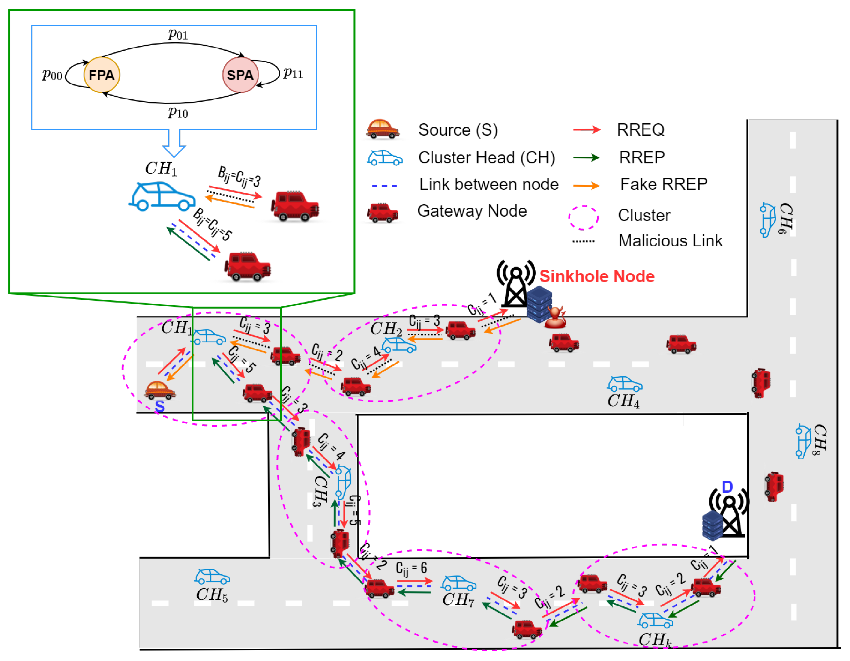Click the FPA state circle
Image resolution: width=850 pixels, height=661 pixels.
tap(102, 75)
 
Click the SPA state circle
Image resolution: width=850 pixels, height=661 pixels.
tap(240, 75)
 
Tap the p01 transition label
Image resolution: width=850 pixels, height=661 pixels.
tap(178, 34)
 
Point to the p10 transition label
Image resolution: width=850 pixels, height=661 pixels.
tap(178, 113)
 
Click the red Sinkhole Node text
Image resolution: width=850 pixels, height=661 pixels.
tap(597, 276)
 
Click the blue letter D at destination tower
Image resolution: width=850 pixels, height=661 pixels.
tap(727, 487)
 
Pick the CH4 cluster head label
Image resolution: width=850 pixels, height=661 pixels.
tap(623, 401)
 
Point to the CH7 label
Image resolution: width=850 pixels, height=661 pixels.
tap(458, 599)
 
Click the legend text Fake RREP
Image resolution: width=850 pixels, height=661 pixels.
tap(664, 184)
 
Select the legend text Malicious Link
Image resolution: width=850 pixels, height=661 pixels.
tap(670, 241)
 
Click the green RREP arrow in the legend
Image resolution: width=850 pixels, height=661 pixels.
tap(586, 158)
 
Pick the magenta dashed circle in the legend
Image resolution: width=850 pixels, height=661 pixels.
tap(583, 217)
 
